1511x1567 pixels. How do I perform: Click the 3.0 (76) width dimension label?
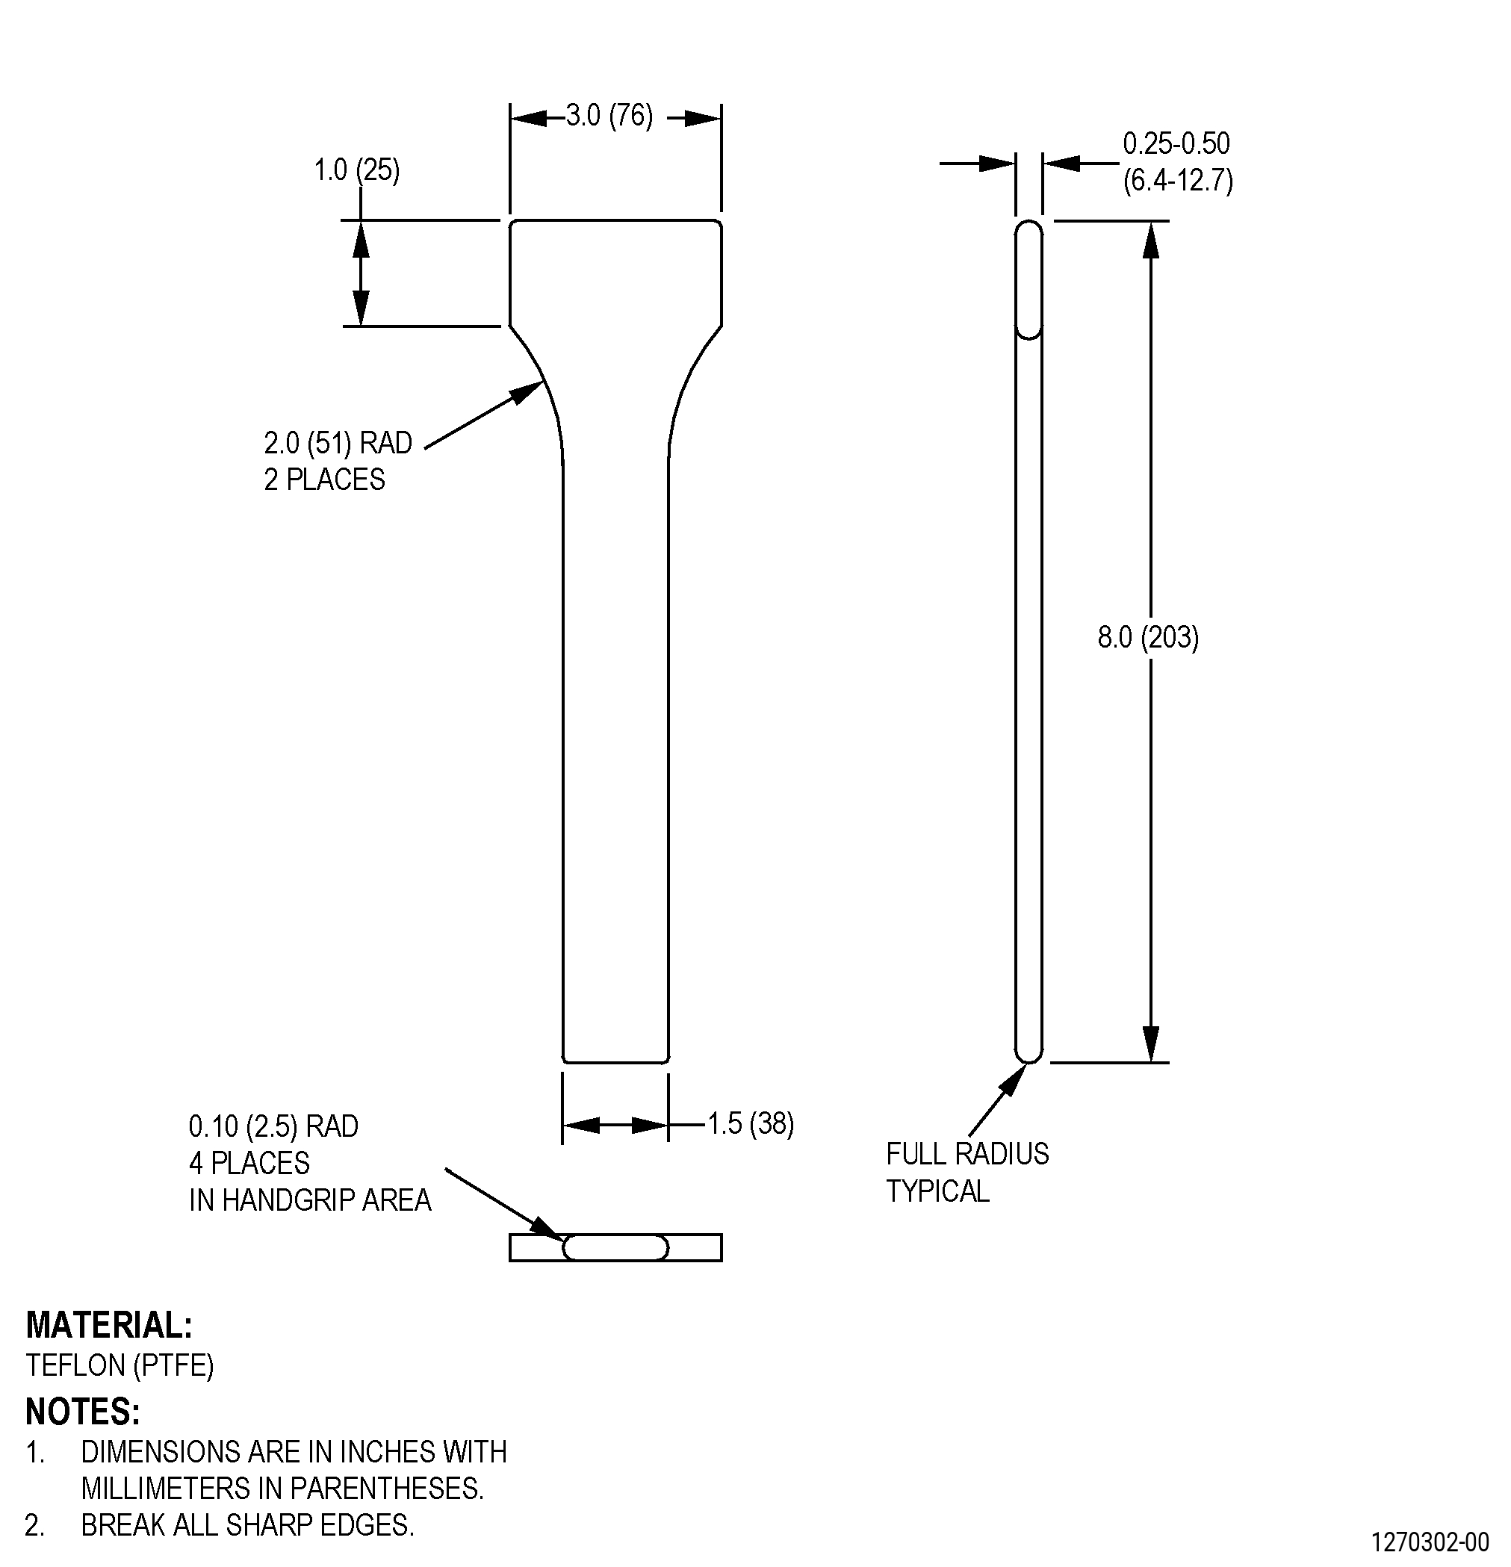pyautogui.click(x=609, y=117)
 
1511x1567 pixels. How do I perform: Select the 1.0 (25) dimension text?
pyautogui.click(x=356, y=170)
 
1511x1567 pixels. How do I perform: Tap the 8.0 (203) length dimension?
pyautogui.click(x=1148, y=637)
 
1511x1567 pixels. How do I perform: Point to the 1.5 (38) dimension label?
pyautogui.click(x=751, y=1124)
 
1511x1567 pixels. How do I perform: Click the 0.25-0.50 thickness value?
pyautogui.click(x=1176, y=144)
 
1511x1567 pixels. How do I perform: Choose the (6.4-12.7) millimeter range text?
pyautogui.click(x=1179, y=181)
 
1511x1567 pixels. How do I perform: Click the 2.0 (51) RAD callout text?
pyautogui.click(x=338, y=443)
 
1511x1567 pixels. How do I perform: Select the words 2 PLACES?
pyautogui.click(x=325, y=480)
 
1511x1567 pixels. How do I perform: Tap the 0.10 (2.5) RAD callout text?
pyautogui.click(x=273, y=1126)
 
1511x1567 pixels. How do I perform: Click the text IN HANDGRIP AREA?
pyautogui.click(x=310, y=1200)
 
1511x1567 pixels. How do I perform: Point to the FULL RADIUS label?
pyautogui.click(x=967, y=1154)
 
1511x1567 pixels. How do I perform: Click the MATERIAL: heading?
pyautogui.click(x=109, y=1325)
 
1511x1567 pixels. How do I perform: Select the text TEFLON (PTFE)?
pyautogui.click(x=120, y=1365)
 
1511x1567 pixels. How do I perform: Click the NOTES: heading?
pyautogui.click(x=83, y=1412)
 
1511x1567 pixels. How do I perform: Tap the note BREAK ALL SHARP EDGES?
pyautogui.click(x=248, y=1525)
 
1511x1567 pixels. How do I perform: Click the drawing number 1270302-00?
pyautogui.click(x=1430, y=1542)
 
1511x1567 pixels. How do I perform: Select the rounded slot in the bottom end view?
pyautogui.click(x=615, y=1247)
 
